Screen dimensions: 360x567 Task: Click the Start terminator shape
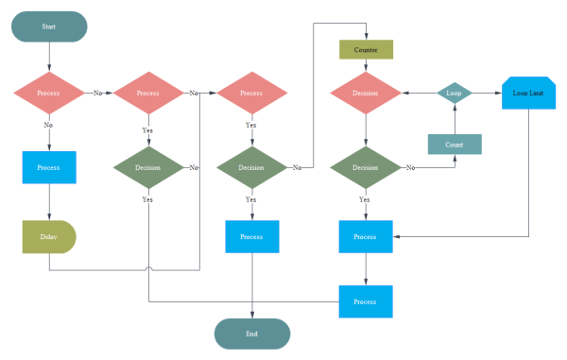coord(49,26)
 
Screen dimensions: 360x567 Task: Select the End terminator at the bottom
coord(252,334)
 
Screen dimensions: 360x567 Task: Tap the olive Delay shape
coord(48,236)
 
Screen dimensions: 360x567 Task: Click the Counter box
coord(366,49)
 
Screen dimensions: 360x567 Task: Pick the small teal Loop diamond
coord(454,94)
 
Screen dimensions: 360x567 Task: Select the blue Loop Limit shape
coord(528,94)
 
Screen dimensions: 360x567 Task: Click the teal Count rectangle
coord(455,145)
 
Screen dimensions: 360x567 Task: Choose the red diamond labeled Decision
coord(366,94)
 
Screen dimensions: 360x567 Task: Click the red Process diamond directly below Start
coord(48,94)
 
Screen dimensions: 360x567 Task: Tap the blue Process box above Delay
coord(48,167)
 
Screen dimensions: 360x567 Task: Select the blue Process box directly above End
coord(252,236)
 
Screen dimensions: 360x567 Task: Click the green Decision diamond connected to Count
coord(366,167)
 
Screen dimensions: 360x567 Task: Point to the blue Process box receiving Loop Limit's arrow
coord(366,236)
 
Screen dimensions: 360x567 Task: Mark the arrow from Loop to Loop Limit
coord(487,94)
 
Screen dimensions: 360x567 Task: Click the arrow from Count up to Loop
coord(455,121)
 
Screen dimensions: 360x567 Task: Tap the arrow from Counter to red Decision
coord(366,66)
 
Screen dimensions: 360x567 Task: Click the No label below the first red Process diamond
coord(48,124)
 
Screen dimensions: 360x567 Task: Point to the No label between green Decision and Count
coord(410,167)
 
